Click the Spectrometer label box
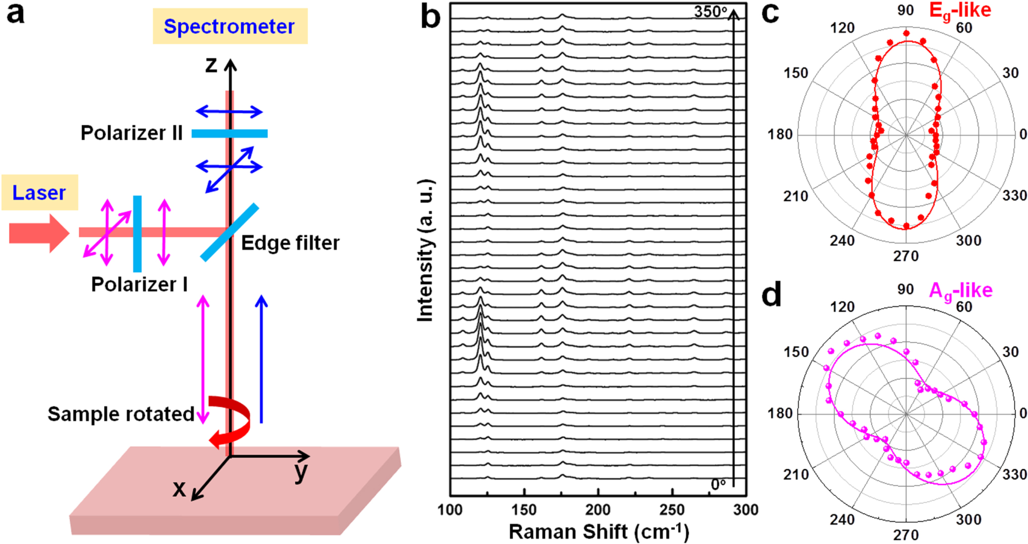coord(229,26)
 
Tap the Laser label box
coord(39,193)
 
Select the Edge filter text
coord(290,243)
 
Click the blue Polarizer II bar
coord(229,134)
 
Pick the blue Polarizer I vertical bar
coord(137,233)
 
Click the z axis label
coord(212,65)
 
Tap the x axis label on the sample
coord(179,488)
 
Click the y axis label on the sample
coord(301,472)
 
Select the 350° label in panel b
coord(710,11)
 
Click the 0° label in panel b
coord(718,484)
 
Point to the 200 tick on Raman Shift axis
coord(598,510)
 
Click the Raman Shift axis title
coord(599,532)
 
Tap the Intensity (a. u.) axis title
coord(426,251)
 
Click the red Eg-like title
coord(959,11)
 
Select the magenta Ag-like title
coord(960,291)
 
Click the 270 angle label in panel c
coord(906,256)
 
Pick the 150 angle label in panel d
coord(796,352)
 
